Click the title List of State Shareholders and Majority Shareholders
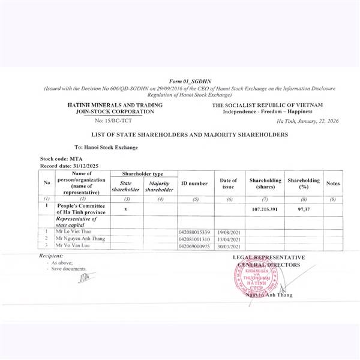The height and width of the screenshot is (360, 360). point(189,134)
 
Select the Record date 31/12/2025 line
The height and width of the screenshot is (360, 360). point(68,165)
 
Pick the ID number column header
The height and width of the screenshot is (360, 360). point(194,183)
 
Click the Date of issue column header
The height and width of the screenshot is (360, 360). point(229,183)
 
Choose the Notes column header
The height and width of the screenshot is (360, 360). point(333,183)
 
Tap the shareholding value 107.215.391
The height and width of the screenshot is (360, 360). point(266,209)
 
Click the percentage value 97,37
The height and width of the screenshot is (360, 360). point(303,209)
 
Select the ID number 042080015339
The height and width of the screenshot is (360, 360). point(194,232)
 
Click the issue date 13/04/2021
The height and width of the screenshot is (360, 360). point(229,239)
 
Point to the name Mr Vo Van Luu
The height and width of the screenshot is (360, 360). point(73,246)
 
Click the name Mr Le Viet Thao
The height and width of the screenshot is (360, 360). point(75,232)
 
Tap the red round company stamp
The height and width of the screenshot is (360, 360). point(259,278)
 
